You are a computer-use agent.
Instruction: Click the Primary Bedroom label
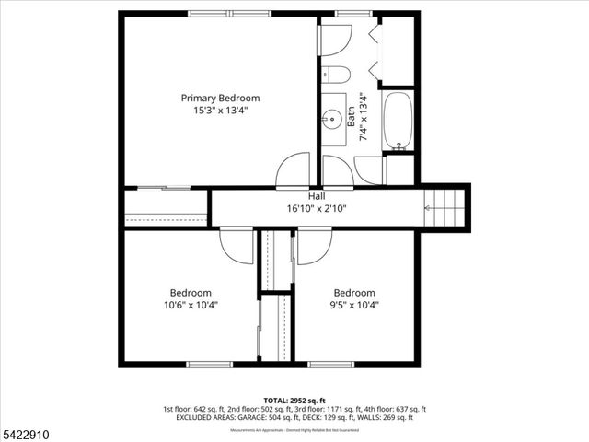point(220,98)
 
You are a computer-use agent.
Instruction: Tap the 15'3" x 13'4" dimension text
point(220,110)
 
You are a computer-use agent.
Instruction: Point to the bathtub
point(398,120)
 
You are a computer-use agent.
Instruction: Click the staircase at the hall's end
point(445,208)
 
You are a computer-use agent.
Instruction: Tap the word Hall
point(317,196)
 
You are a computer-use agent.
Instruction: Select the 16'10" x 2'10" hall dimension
point(317,209)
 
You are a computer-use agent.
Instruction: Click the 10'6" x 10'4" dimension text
point(191,305)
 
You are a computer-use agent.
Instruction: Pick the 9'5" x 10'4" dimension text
point(354,305)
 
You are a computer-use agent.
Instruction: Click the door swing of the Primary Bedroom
point(294,170)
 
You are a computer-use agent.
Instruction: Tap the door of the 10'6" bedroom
point(237,246)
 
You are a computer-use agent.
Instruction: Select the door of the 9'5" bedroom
point(314,246)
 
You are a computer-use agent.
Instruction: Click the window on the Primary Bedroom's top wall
point(230,15)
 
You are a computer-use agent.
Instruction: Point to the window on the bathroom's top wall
point(347,15)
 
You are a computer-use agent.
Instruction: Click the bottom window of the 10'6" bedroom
point(209,365)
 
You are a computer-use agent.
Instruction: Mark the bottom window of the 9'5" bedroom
point(330,365)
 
